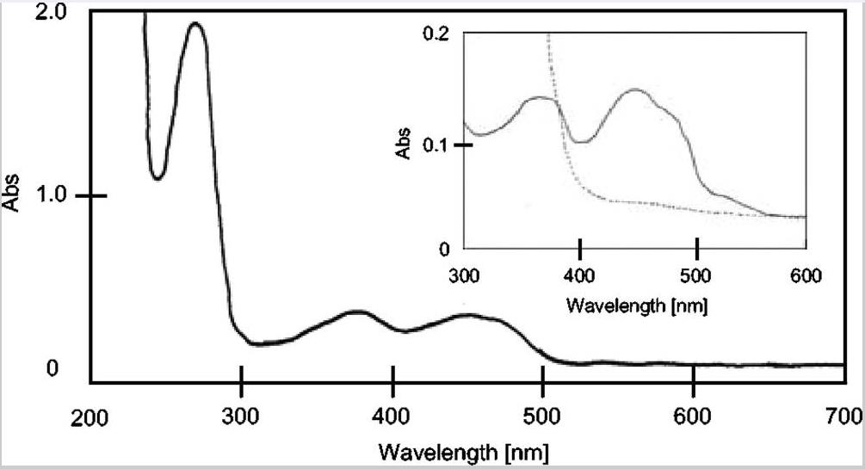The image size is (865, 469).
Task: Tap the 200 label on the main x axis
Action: point(90,419)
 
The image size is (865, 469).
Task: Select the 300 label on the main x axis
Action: point(242,419)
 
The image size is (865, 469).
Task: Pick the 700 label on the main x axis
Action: point(843,419)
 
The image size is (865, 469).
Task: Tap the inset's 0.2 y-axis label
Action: point(437,34)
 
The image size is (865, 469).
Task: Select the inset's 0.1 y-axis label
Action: point(437,144)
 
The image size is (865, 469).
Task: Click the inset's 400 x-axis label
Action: point(581,276)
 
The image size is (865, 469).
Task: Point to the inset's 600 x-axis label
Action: point(806,276)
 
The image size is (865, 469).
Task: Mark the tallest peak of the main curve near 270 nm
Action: point(195,23)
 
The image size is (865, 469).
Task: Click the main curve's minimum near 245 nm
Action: point(158,178)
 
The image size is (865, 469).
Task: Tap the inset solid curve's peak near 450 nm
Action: point(637,89)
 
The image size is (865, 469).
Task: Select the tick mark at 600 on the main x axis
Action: point(694,374)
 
